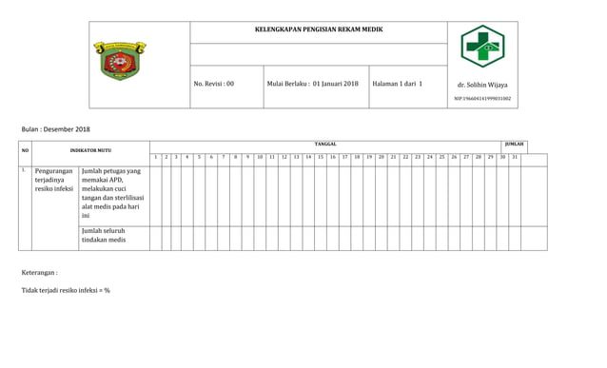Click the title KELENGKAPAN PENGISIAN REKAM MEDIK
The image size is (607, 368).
click(319, 30)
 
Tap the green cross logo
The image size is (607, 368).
click(481, 47)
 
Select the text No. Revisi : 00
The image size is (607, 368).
click(213, 84)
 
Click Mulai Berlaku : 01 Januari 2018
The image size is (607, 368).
click(312, 84)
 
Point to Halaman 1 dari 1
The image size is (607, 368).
click(398, 84)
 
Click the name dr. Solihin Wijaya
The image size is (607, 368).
click(482, 85)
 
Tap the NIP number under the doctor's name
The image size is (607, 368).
click(482, 98)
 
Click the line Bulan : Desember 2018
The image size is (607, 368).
click(56, 128)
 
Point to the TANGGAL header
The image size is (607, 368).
click(325, 144)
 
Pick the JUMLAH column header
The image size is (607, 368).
click(514, 144)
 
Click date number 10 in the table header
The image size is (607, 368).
click(260, 156)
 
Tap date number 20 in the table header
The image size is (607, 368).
click(381, 156)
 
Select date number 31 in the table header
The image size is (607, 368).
click(515, 156)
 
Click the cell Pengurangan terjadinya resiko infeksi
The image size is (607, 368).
click(53, 180)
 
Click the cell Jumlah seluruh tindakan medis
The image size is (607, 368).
click(104, 235)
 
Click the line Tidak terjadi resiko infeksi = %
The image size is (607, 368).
click(66, 290)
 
